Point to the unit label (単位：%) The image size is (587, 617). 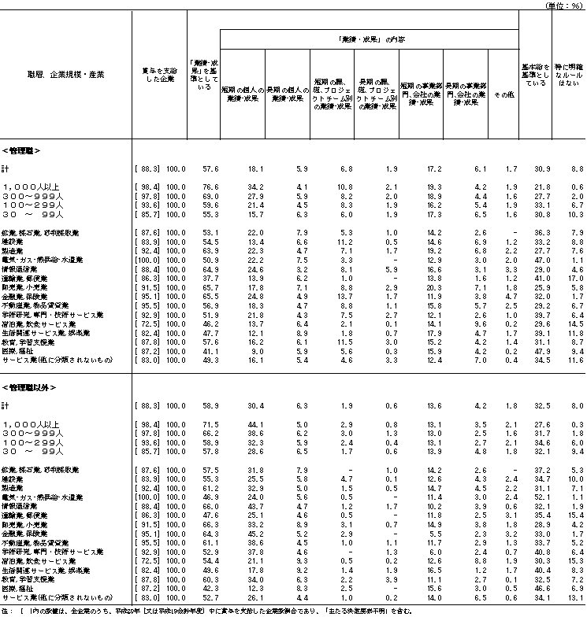[562, 5]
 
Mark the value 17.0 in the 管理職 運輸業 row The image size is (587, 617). [575, 279]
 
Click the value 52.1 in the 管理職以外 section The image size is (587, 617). [540, 497]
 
